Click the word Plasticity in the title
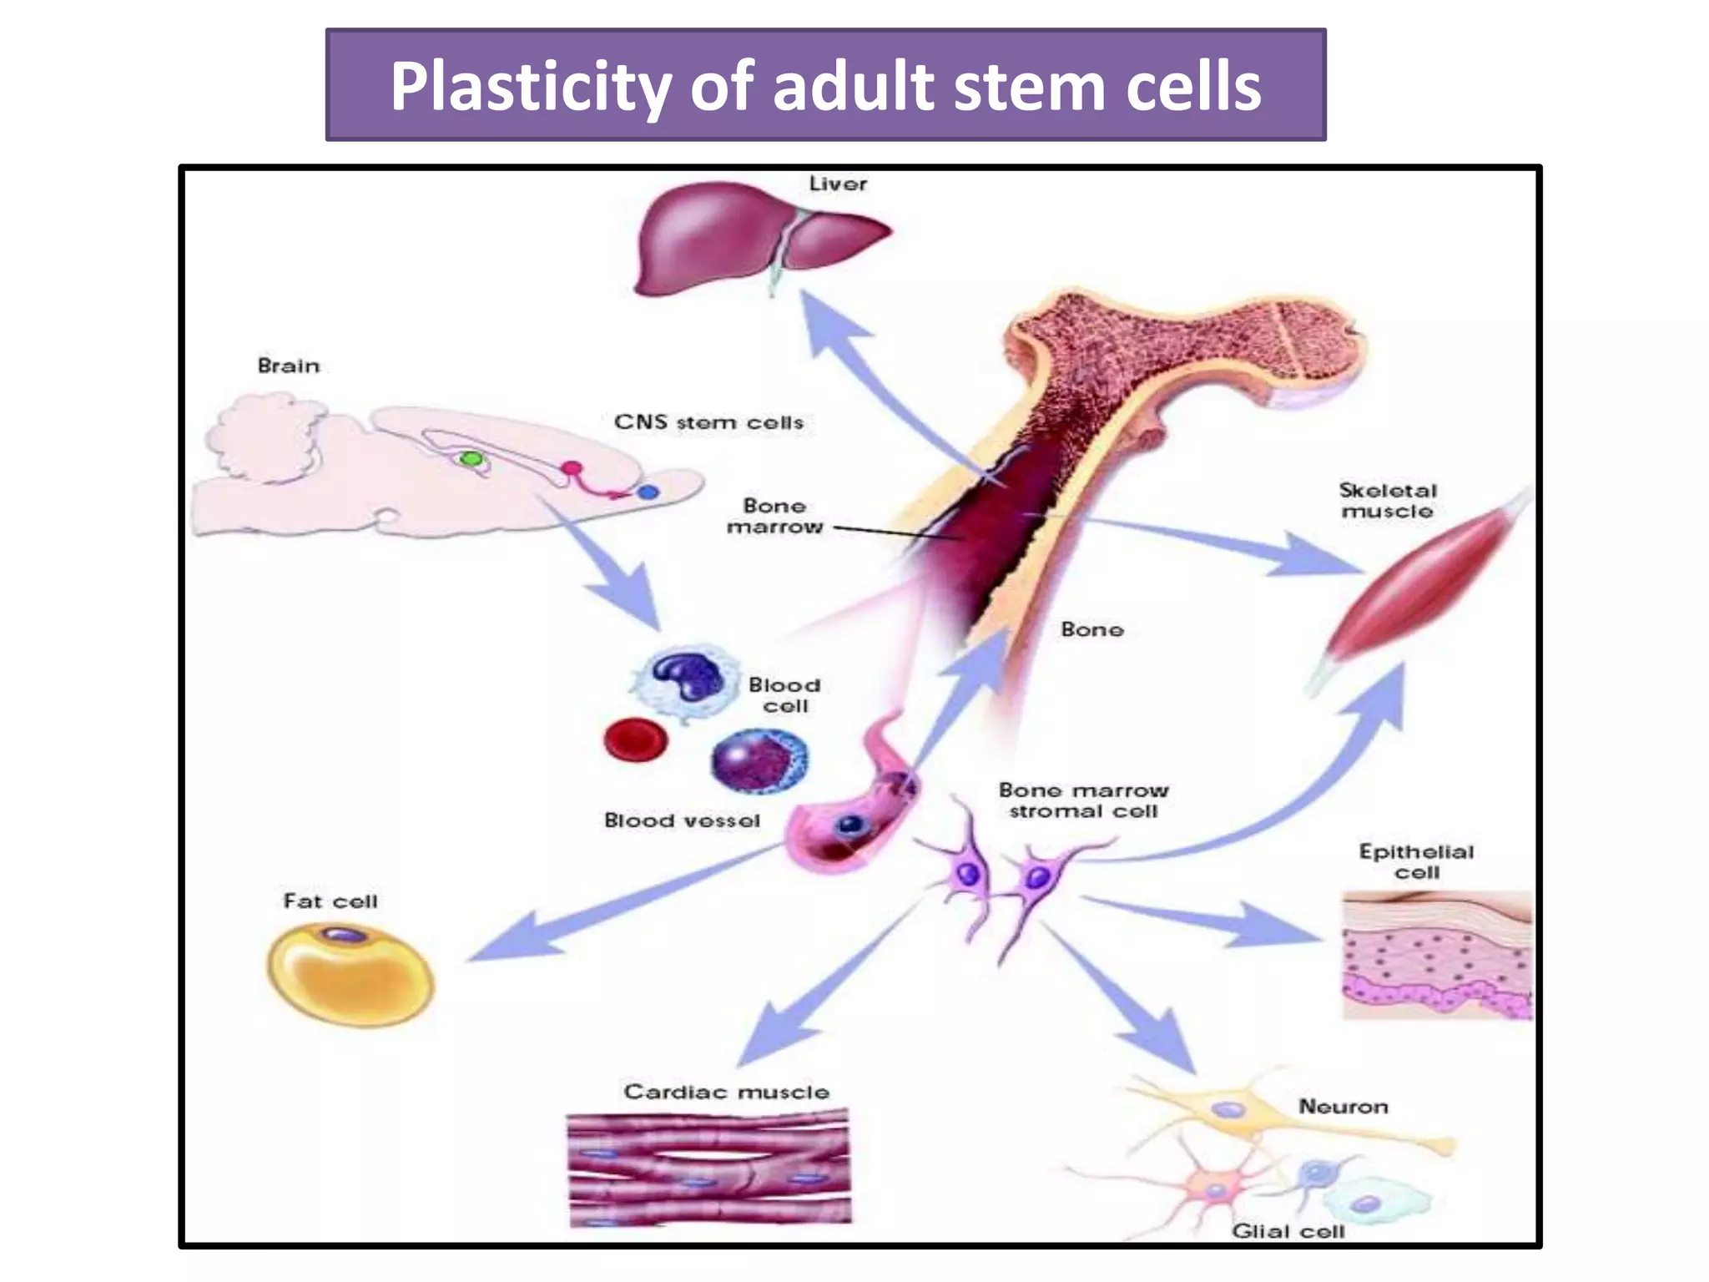click(x=530, y=88)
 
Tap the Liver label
click(x=838, y=184)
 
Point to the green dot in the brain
click(x=471, y=458)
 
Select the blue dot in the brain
click(x=648, y=492)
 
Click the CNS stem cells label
click(x=708, y=422)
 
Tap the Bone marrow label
click(x=774, y=516)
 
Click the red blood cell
click(x=636, y=739)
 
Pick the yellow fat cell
click(x=350, y=973)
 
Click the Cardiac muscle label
click(x=726, y=1092)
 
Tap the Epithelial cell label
click(x=1416, y=861)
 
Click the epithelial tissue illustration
click(x=1437, y=956)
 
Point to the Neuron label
click(x=1344, y=1107)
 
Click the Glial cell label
click(x=1288, y=1231)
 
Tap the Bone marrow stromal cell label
click(x=1083, y=800)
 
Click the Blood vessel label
click(x=682, y=820)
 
